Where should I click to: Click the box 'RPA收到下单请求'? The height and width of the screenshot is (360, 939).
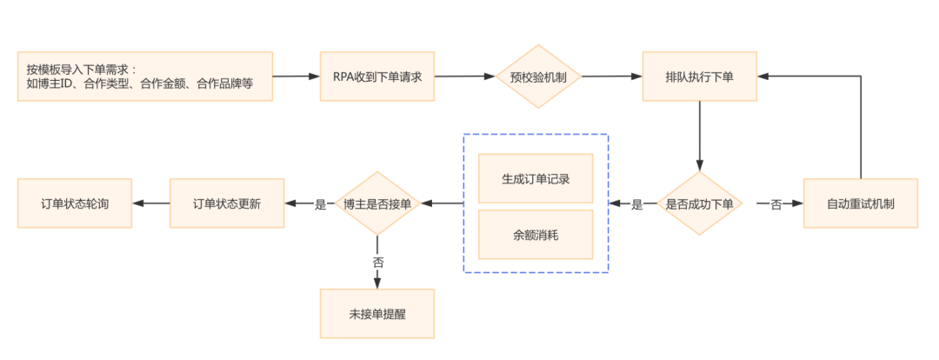point(377,77)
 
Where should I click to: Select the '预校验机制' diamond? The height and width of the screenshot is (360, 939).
point(538,77)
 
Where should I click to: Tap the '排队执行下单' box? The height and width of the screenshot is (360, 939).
point(699,77)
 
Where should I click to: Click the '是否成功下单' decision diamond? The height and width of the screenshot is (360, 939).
point(699,204)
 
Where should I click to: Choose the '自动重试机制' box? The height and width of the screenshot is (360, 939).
point(860,204)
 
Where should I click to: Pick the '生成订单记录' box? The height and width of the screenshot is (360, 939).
point(536,179)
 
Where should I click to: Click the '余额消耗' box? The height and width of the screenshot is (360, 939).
point(536,235)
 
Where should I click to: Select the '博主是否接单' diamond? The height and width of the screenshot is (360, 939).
point(377,204)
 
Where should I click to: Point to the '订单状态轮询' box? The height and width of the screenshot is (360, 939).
point(75,204)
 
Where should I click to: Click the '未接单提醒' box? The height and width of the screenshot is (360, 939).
point(376,314)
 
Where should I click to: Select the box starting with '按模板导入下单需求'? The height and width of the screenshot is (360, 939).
point(144,77)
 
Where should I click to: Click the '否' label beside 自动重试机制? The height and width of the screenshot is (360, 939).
point(776,205)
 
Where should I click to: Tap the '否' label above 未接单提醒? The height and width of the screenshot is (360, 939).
point(377,261)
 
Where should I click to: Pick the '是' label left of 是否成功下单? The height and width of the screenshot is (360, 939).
point(636,205)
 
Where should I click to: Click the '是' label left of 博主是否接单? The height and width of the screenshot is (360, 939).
point(320,205)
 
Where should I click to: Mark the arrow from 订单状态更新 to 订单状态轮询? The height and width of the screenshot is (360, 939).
point(151,204)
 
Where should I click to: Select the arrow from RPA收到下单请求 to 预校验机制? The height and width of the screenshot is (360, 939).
point(464,77)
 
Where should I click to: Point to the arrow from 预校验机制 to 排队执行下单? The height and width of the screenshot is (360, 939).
point(611,77)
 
